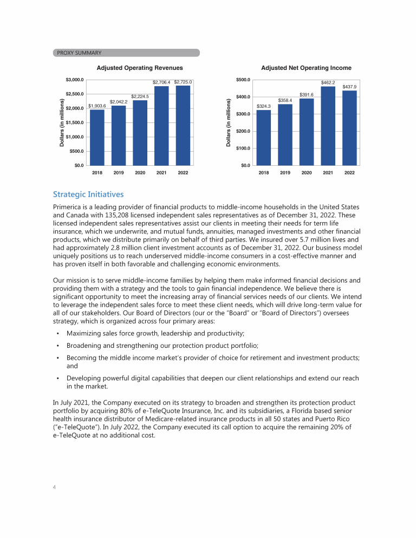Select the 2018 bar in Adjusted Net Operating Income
point(264,138)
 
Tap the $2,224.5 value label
point(140,96)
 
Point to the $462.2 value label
point(328,82)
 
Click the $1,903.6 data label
point(97,106)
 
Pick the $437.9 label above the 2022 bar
point(349,87)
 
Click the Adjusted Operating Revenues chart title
point(140,68)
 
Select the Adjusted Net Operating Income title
point(306,68)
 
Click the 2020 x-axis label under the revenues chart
point(140,173)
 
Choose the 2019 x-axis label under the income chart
point(285,173)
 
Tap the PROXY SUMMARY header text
point(79,53)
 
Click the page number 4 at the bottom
point(55,487)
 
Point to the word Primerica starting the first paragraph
point(69,208)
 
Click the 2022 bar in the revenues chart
point(183,125)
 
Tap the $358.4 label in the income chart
point(285,100)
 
